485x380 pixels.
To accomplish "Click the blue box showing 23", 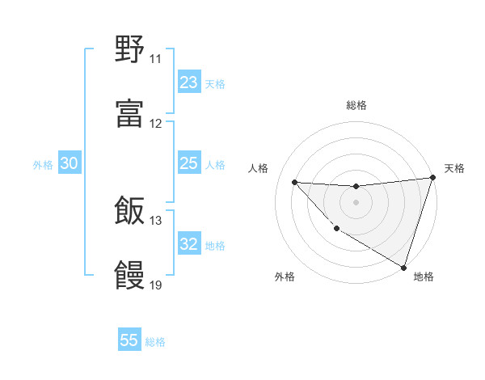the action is point(189,82).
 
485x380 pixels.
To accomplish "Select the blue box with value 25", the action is point(189,164).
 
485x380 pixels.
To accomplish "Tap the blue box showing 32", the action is point(189,245).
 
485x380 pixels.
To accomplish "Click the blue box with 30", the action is point(70,164).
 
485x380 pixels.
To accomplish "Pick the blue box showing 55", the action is point(129,340).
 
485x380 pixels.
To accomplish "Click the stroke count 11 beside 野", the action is point(155,59).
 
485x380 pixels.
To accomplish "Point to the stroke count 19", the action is point(155,285).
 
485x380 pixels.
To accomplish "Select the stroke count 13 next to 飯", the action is point(155,221).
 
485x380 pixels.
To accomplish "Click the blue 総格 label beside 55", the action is point(155,342).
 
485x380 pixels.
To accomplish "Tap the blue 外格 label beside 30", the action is point(43,165).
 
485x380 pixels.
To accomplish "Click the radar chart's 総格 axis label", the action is point(356,105).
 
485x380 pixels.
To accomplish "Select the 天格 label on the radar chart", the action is point(454,168).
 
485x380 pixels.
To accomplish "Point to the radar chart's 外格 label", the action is point(285,277).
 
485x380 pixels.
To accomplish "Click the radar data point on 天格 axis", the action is point(432,178).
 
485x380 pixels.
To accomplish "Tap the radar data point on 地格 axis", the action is point(403,267).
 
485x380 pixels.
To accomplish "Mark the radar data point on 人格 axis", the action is point(294,182).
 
